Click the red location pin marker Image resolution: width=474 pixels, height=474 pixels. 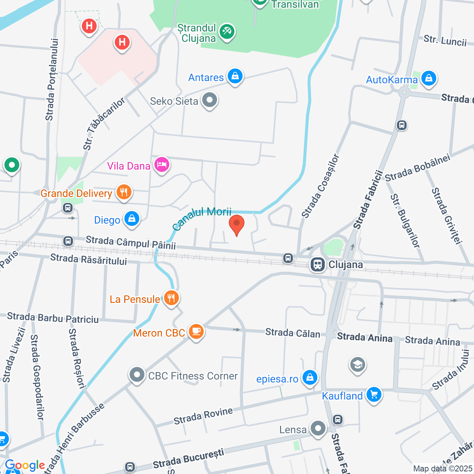[237, 224]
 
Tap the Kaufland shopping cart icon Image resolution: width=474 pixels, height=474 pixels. [374, 395]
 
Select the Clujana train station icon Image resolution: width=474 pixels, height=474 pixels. [317, 264]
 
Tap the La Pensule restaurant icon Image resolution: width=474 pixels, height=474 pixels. [171, 298]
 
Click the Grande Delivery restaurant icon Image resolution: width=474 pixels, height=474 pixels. [124, 192]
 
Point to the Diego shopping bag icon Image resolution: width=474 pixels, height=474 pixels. [131, 219]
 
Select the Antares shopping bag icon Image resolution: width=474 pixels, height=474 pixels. [235, 76]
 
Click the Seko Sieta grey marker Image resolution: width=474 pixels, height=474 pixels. [210, 100]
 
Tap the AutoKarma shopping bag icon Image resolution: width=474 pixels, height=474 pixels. [428, 79]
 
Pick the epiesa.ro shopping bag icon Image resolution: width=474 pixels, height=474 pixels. [310, 378]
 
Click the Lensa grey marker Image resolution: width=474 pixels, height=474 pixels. [318, 428]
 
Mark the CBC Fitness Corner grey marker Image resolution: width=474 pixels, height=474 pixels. [137, 375]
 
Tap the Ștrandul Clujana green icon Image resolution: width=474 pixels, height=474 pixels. [227, 32]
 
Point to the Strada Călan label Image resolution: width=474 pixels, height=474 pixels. [293, 333]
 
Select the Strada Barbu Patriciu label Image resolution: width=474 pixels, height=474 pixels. [53, 318]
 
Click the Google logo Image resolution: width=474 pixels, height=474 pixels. [25, 465]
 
